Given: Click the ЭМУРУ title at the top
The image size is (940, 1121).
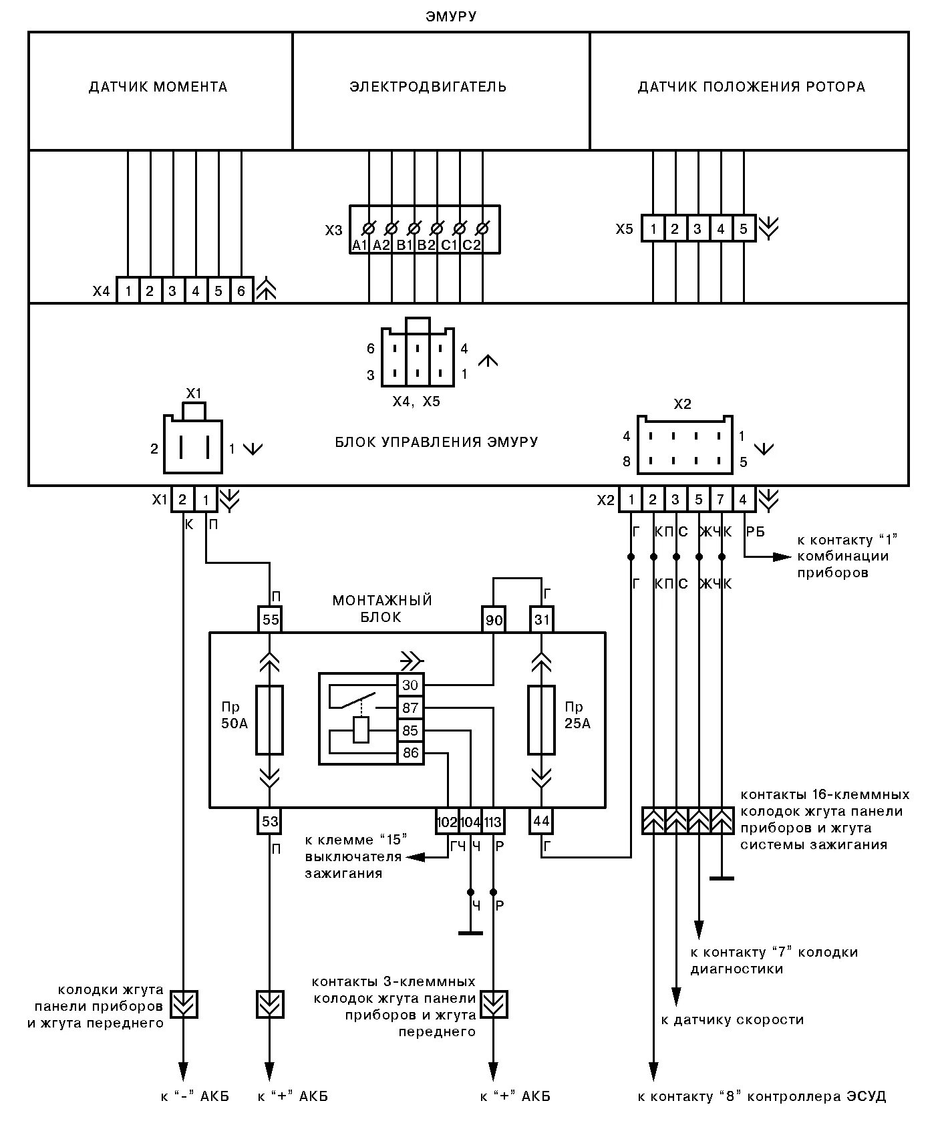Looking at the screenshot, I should [x=451, y=17].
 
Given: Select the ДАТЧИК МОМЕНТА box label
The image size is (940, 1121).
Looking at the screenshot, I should [x=158, y=87].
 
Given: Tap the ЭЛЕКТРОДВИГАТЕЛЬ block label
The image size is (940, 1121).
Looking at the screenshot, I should [x=428, y=87].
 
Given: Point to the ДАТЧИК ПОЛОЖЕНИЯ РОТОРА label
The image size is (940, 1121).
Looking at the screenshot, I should [x=752, y=87].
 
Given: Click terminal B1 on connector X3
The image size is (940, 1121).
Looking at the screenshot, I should [x=404, y=245].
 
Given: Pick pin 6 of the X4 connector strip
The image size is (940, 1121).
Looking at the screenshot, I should [x=241, y=291].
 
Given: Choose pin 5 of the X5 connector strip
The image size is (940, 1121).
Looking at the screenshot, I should [x=744, y=229].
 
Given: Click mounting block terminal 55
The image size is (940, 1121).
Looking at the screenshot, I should [x=270, y=620].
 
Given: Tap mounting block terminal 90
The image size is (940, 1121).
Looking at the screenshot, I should [x=494, y=620].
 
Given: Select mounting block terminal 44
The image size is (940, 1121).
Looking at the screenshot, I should [x=541, y=820].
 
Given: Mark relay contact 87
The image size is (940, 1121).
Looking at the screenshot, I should [x=410, y=708].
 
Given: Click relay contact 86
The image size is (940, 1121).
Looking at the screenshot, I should [x=410, y=753].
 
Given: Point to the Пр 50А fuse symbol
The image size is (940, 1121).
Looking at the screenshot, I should [x=270, y=719].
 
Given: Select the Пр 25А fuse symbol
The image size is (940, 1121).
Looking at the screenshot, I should [x=541, y=719].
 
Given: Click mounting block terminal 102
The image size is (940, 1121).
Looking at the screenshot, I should [x=447, y=822].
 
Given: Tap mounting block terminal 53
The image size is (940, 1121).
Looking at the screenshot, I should [x=270, y=820].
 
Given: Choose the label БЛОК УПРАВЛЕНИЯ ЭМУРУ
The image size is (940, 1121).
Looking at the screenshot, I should [x=436, y=442].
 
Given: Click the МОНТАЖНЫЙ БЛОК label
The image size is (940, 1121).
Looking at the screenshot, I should [x=382, y=609].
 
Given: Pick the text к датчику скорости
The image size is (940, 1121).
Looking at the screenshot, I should [x=732, y=1020].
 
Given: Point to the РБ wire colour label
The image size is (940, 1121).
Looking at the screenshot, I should [x=755, y=531].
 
